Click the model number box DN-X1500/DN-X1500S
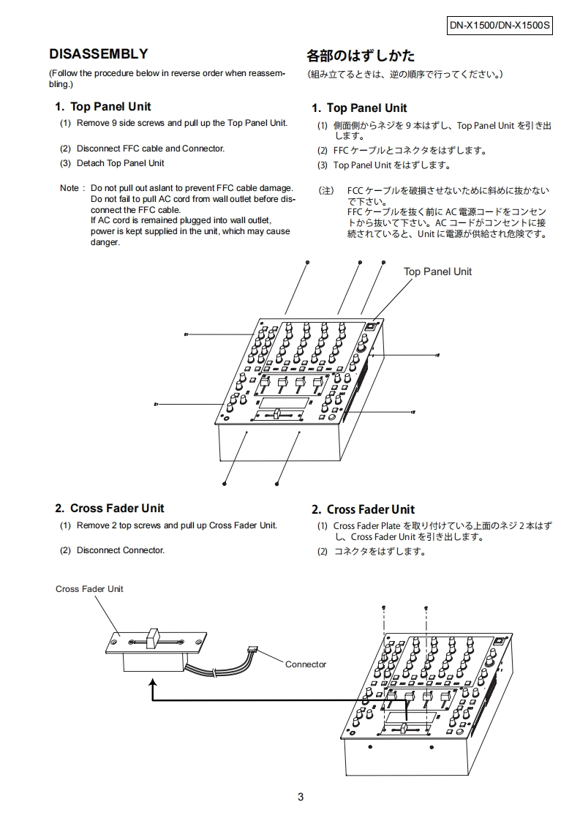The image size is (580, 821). point(500,26)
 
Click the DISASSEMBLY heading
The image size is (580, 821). point(98,54)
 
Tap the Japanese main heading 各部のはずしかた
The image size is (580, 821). point(360,56)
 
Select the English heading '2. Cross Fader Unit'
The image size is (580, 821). point(110,509)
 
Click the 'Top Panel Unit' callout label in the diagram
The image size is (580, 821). point(437,271)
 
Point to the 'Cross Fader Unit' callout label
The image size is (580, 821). point(89,589)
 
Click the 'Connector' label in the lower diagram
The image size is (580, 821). point(306,664)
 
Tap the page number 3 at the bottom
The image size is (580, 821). point(301,798)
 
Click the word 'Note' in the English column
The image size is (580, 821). point(69,189)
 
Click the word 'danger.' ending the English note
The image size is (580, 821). point(105,242)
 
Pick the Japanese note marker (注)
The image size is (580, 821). point(325,191)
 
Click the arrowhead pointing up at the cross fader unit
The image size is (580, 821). point(153,681)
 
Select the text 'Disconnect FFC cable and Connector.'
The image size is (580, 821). point(150,149)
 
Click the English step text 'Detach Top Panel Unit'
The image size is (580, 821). point(120,163)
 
